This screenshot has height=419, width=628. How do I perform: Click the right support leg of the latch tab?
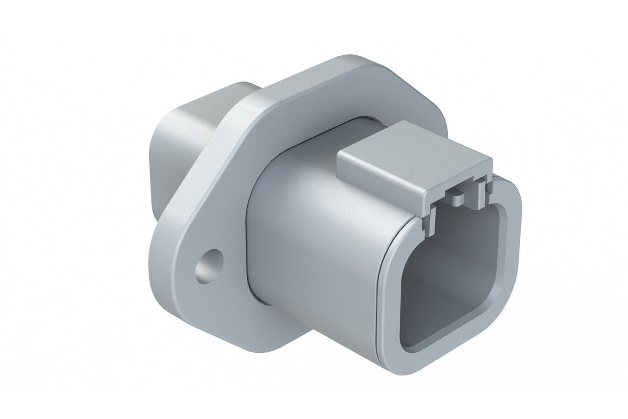481,187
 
